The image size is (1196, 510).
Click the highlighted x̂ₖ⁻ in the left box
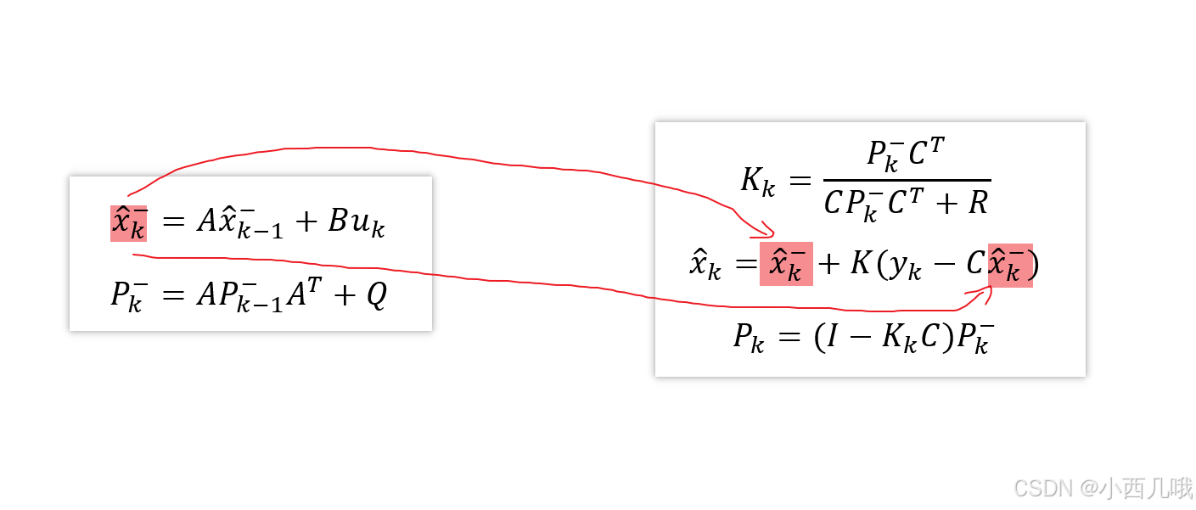tap(128, 223)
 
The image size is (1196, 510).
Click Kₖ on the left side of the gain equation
tap(757, 182)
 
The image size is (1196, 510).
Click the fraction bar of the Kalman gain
tap(906, 180)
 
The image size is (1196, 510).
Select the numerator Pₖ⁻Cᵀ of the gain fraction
tap(906, 154)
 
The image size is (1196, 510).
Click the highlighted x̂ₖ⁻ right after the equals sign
tap(786, 265)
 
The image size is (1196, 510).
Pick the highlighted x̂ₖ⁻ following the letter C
tap(1010, 265)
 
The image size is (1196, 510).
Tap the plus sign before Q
tap(343, 296)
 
